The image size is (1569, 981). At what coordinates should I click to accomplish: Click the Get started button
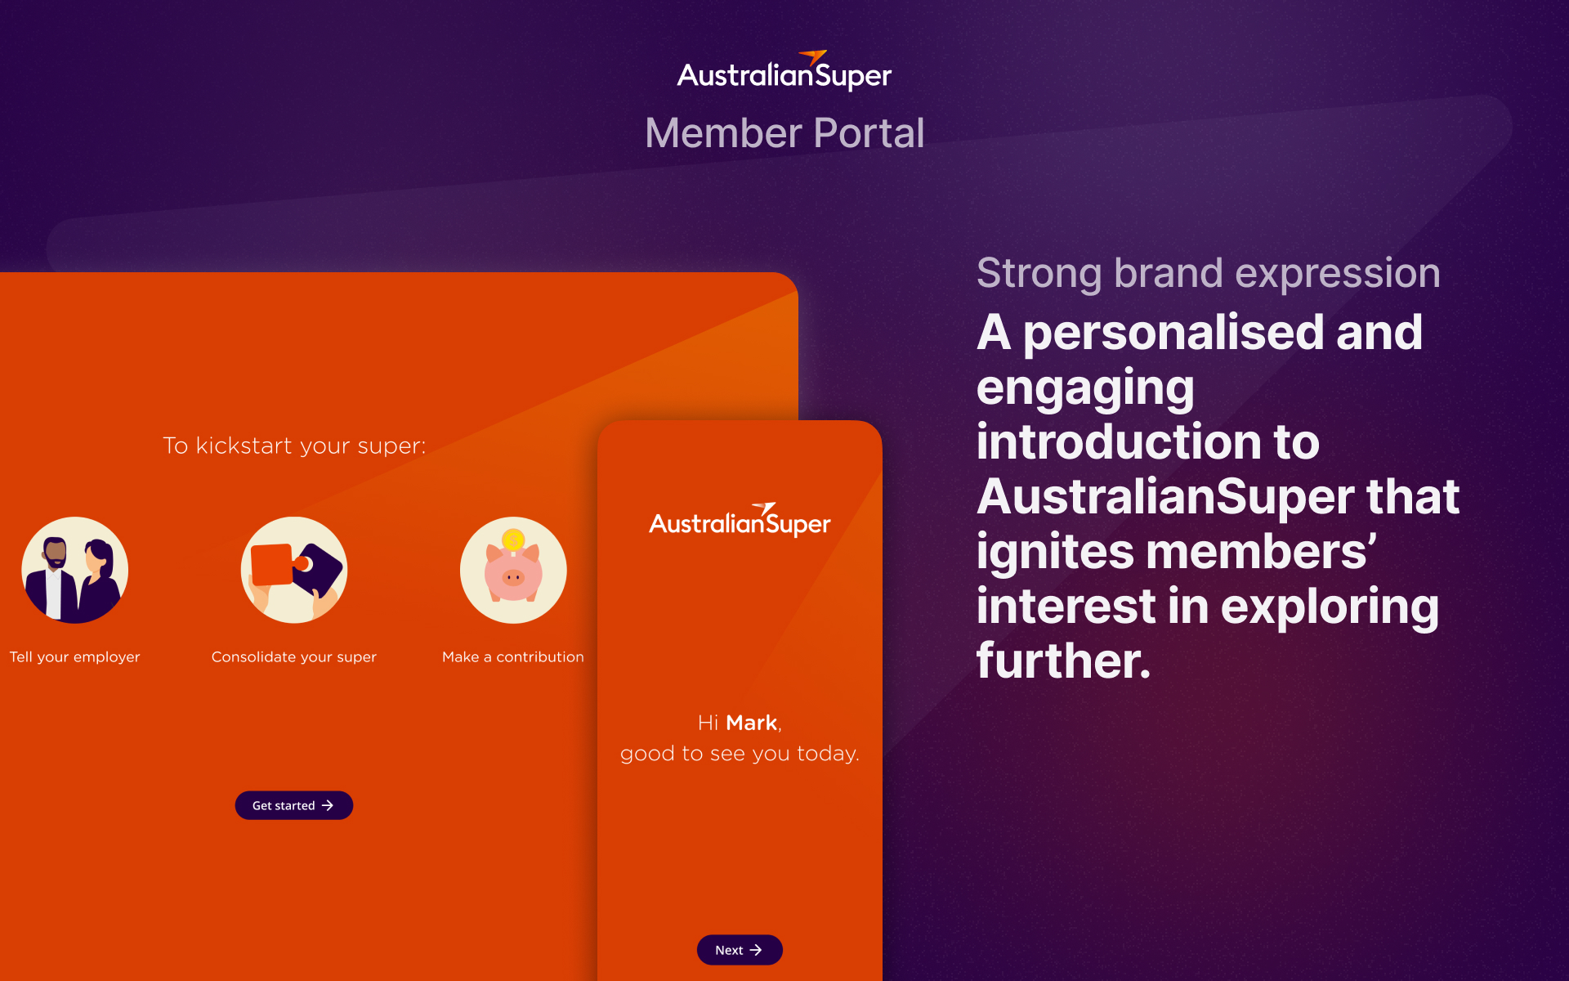point(294,805)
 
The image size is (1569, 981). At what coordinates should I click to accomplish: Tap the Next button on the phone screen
point(740,950)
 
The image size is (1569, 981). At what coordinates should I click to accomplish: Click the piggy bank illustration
point(513,570)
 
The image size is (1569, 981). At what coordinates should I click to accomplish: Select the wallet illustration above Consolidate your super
point(294,570)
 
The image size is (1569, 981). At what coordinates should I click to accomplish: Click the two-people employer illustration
point(75,570)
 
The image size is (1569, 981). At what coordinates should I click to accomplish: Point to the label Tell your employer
point(75,657)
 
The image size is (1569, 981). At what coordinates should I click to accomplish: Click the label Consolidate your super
point(294,657)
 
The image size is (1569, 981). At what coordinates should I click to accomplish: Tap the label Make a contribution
point(513,657)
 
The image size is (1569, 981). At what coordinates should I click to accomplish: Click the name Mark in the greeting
point(751,723)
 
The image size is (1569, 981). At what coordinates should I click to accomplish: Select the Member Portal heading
point(784,133)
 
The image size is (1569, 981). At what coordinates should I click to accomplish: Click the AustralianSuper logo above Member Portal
point(784,71)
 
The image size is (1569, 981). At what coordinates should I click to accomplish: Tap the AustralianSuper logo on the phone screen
point(740,520)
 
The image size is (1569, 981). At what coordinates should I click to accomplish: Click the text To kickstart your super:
point(294,446)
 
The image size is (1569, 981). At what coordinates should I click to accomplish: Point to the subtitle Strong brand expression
point(1208,274)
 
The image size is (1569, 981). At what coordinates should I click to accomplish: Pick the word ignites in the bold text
point(1054,553)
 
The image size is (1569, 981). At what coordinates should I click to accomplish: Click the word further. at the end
point(1063,661)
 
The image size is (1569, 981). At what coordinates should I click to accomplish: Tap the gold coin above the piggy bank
point(513,540)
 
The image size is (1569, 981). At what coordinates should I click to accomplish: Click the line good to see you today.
point(740,754)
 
